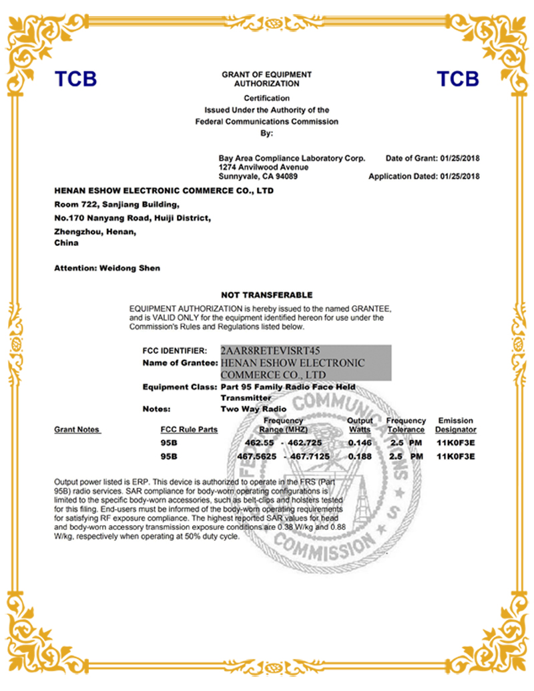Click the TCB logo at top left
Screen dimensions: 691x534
[75, 79]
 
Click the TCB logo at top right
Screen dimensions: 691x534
[458, 79]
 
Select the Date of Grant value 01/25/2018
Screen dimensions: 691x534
[460, 158]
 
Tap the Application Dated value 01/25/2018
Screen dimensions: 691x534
[460, 176]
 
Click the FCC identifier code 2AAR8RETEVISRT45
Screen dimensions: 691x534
[270, 350]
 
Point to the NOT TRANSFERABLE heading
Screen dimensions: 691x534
[266, 295]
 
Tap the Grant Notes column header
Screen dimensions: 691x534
[77, 430]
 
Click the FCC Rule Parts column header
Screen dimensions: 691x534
[189, 430]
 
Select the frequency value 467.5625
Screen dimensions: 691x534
[256, 456]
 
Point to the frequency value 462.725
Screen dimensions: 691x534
[308, 442]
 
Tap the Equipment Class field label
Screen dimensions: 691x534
[180, 387]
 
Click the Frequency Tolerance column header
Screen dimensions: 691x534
[406, 425]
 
